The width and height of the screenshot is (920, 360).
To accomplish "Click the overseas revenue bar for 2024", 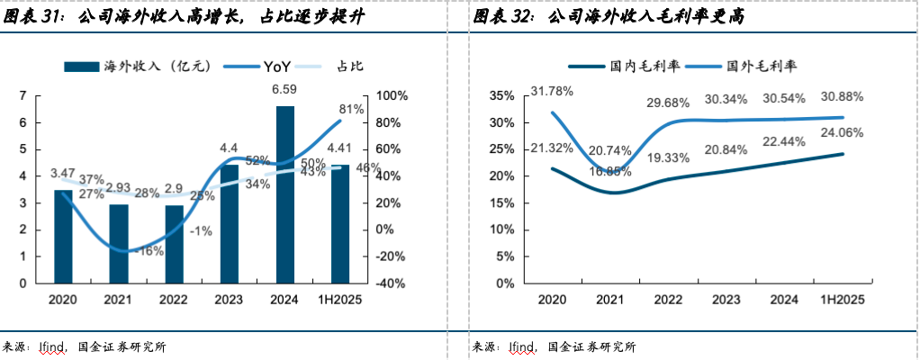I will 284,193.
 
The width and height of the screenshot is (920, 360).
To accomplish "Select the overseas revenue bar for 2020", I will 62,236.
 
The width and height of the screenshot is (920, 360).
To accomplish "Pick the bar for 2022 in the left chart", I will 174,244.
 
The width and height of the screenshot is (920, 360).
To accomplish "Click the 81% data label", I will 351,109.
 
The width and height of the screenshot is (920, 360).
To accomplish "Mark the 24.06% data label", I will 843,132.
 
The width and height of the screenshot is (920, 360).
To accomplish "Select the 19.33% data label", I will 668,157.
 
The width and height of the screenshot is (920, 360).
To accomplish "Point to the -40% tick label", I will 392,283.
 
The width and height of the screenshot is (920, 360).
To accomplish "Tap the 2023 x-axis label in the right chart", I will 725,299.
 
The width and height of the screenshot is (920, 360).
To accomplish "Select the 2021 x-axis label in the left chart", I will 118,299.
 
